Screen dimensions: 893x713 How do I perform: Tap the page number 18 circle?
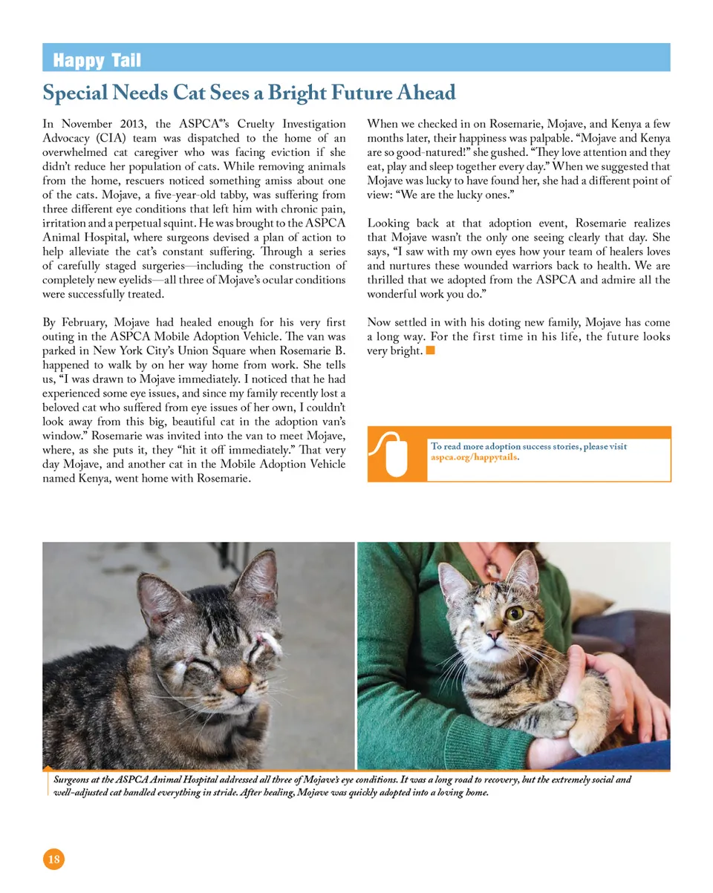(x=53, y=860)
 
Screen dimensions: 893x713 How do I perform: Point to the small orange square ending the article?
(x=430, y=350)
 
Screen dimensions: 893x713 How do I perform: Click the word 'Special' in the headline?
(x=75, y=94)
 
